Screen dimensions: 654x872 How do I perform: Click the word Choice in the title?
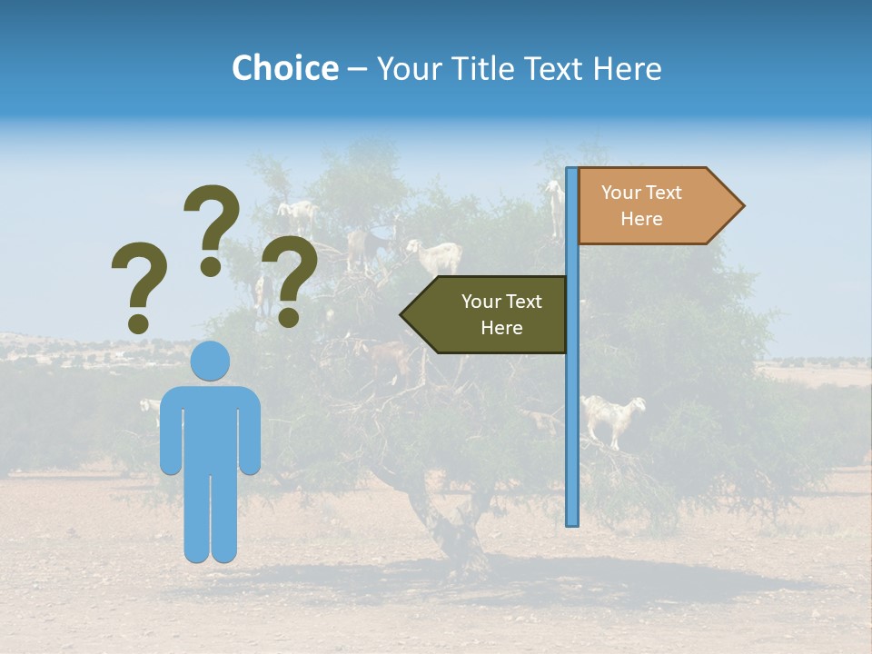pyautogui.click(x=284, y=68)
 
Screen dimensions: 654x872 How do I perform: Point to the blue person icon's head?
pyautogui.click(x=211, y=361)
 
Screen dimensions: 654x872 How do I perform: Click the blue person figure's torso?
pyautogui.click(x=211, y=427)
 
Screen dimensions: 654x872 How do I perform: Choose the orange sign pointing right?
pyautogui.click(x=649, y=206)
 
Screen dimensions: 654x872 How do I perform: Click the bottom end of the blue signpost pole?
pyautogui.click(x=572, y=521)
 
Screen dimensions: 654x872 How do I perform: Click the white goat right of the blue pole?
pyautogui.click(x=612, y=417)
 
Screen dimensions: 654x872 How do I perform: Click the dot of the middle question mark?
pyautogui.click(x=211, y=267)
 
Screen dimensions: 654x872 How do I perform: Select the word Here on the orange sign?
pyautogui.click(x=641, y=219)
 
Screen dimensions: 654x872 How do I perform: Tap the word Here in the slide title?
pyautogui.click(x=627, y=68)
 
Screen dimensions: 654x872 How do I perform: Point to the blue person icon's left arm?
pyautogui.click(x=170, y=431)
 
